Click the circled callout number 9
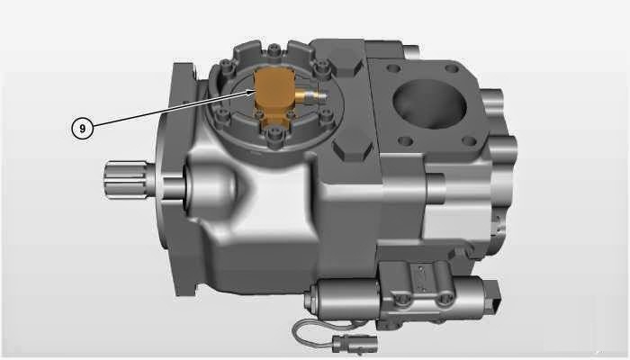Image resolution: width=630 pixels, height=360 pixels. [x=82, y=129]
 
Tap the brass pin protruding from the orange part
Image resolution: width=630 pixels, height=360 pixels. [x=310, y=94]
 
